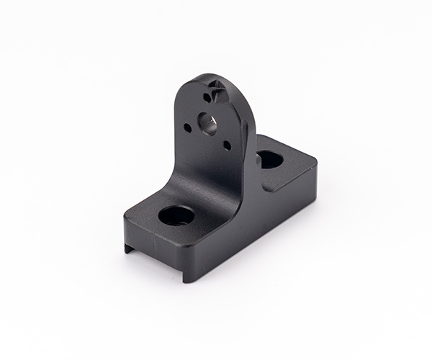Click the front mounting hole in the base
[176, 215]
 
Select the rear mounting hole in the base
[270, 159]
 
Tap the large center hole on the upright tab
[207, 124]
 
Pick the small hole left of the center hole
[187, 128]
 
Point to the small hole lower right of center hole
[227, 145]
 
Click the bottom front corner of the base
[185, 279]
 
